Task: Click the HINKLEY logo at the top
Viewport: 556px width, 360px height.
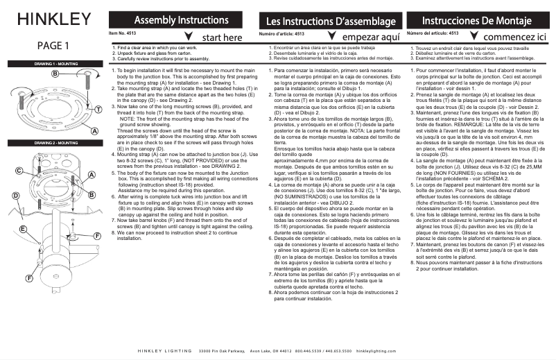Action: click(53, 18)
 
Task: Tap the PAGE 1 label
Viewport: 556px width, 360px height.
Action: click(53, 47)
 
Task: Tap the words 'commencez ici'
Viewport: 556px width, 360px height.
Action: click(515, 36)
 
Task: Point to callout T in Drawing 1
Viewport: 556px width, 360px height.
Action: click(98, 110)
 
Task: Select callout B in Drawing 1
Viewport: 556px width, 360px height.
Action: click(54, 73)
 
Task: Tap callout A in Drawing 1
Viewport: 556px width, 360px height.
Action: click(94, 130)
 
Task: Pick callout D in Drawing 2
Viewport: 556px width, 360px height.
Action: click(15, 196)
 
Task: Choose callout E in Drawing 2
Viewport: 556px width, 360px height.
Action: click(23, 229)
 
